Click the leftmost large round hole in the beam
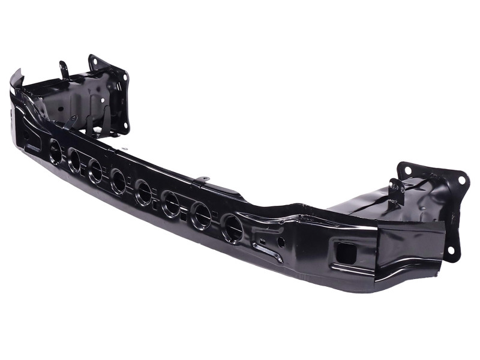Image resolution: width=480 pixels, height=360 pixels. click(55, 152)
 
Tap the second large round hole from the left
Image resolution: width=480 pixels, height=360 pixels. click(74, 161)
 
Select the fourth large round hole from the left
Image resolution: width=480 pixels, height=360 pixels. click(118, 181)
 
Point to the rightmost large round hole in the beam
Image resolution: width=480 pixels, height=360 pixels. click(232, 228)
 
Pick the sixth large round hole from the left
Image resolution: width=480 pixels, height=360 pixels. click(170, 204)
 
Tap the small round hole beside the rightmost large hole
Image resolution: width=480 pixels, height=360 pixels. click(281, 242)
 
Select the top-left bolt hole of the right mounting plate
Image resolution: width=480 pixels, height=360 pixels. click(408, 170)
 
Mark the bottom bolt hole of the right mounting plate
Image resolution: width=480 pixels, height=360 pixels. click(450, 250)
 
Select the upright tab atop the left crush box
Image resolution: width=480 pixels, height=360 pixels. click(63, 70)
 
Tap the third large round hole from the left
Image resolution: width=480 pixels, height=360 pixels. click(95, 171)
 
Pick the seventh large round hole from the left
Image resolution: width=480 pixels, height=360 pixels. click(200, 216)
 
